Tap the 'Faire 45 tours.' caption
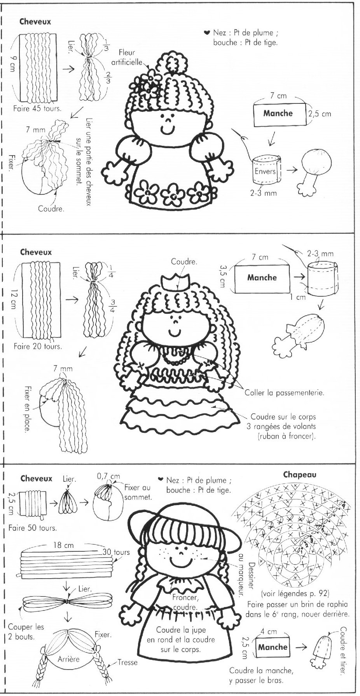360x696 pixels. (x=37, y=108)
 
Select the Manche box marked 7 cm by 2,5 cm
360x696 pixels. (x=278, y=114)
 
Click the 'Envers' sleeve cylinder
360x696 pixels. (x=267, y=171)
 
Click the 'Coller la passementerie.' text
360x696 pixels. (x=284, y=393)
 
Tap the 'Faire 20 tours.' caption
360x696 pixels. (x=37, y=346)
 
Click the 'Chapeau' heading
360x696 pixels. (x=299, y=474)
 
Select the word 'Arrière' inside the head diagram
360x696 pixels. (x=68, y=659)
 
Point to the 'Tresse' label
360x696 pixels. (x=128, y=662)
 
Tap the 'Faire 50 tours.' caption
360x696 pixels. (x=32, y=528)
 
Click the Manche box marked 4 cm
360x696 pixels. (x=273, y=647)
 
